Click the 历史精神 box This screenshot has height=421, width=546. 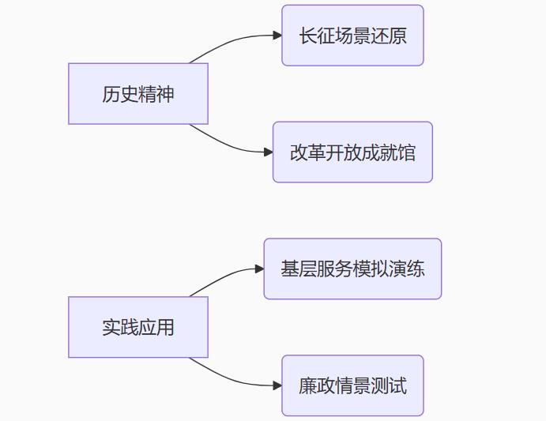click(138, 94)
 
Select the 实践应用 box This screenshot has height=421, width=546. click(138, 327)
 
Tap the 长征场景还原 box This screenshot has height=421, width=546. click(352, 36)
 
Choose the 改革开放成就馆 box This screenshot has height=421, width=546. click(352, 152)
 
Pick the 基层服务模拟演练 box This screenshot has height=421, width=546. click(352, 269)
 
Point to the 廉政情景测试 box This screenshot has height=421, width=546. click(352, 385)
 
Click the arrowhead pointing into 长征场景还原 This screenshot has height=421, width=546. click(277, 36)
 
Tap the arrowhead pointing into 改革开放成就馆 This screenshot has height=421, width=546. click(269, 152)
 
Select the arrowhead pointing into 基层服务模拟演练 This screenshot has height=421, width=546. click(259, 269)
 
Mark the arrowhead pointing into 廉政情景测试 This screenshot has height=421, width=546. click(277, 385)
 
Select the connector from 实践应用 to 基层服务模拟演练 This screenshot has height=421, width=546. click(225, 275)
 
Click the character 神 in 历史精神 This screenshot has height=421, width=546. click(165, 94)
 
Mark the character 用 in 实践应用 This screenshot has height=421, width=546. click(165, 327)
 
